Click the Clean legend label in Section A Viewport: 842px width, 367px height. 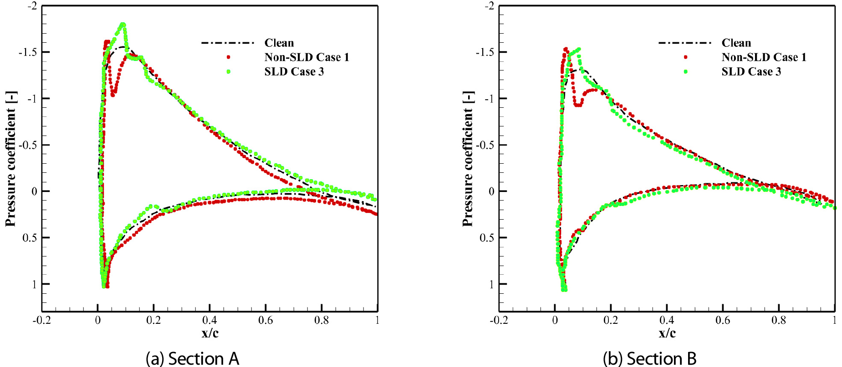279,43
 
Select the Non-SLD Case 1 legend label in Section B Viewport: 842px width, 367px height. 764,57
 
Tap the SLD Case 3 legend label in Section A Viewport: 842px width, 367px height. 294,72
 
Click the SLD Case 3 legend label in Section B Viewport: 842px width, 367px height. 751,72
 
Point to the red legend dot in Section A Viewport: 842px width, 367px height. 229,57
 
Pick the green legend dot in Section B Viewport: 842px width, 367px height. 686,72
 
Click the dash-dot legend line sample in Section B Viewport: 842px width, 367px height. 685,43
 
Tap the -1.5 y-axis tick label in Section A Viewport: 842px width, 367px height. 27,52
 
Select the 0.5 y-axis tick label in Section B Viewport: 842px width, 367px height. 486,238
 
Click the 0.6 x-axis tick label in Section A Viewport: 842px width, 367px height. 265,321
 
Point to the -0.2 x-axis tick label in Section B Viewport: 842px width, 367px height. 499,321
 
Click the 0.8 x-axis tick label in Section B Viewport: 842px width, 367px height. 779,321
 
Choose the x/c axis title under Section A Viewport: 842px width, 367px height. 210,333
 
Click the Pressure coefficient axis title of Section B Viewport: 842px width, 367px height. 468,159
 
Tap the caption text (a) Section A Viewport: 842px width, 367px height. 192,358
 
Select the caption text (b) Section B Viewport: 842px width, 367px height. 649,358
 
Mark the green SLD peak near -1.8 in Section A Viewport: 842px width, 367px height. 122,25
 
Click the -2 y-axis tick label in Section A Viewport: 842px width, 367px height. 32,6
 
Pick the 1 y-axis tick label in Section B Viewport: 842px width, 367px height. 491,284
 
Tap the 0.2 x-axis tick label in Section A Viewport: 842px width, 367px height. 153,321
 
